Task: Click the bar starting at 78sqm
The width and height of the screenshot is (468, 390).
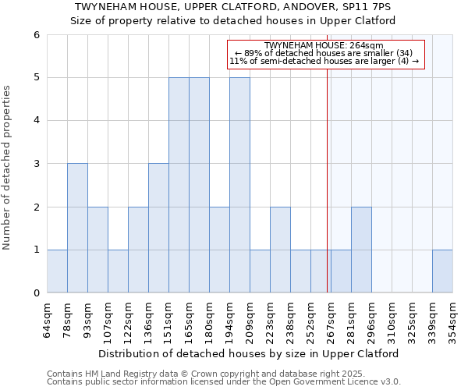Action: [77, 228]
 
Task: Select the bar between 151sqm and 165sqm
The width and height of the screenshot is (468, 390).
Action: [179, 185]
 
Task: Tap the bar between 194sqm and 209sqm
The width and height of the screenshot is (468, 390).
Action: [239, 185]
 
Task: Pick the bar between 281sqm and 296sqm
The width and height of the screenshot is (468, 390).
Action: [361, 250]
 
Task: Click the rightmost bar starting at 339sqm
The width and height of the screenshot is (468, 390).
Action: [442, 271]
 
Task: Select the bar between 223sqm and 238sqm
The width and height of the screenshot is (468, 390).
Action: [280, 250]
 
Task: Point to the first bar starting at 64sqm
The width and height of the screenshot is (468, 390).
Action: [57, 271]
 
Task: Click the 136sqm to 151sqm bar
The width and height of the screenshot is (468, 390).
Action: [158, 228]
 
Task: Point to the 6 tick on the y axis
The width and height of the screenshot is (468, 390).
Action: [36, 35]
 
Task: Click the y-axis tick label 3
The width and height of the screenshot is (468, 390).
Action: [36, 164]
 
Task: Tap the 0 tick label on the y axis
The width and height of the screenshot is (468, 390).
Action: [36, 292]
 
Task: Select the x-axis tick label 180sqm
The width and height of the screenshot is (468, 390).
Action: [209, 319]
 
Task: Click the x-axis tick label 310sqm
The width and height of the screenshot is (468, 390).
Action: [392, 319]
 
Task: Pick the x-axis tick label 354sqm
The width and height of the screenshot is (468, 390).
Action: [452, 319]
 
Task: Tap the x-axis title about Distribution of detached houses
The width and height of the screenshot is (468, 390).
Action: [249, 353]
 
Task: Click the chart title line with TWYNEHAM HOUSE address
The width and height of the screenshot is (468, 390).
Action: [233, 7]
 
